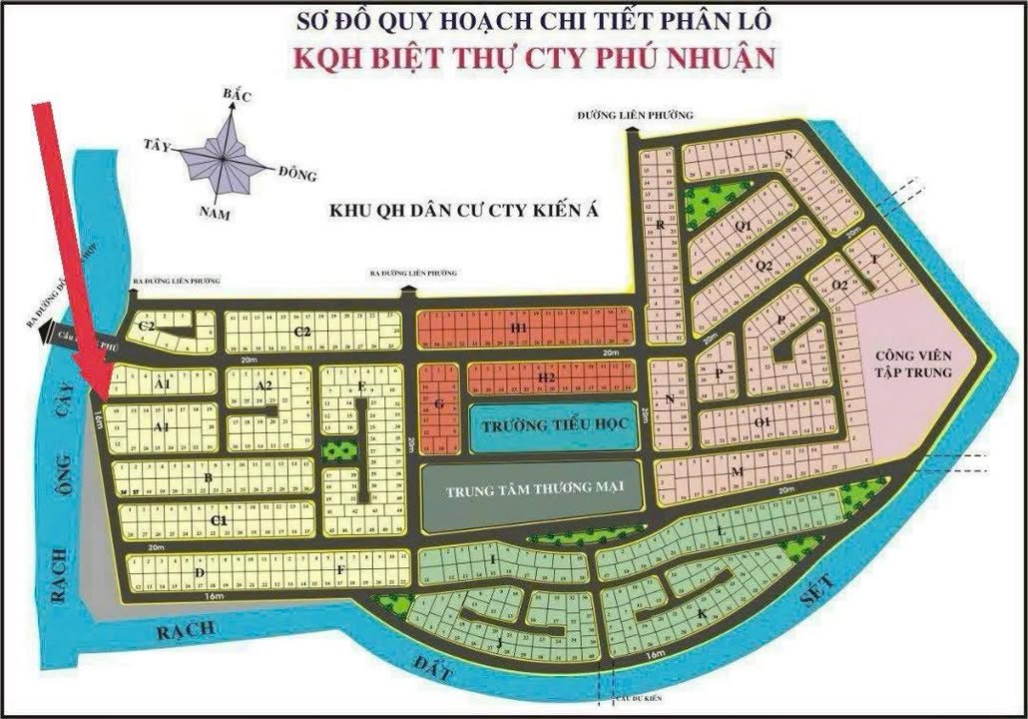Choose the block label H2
pyautogui.click(x=545, y=377)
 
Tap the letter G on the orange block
pyautogui.click(x=437, y=404)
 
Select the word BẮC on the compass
pyautogui.click(x=238, y=95)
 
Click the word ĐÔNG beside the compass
pyautogui.click(x=297, y=174)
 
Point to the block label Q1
pyautogui.click(x=742, y=227)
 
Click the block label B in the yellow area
pyautogui.click(x=207, y=477)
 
